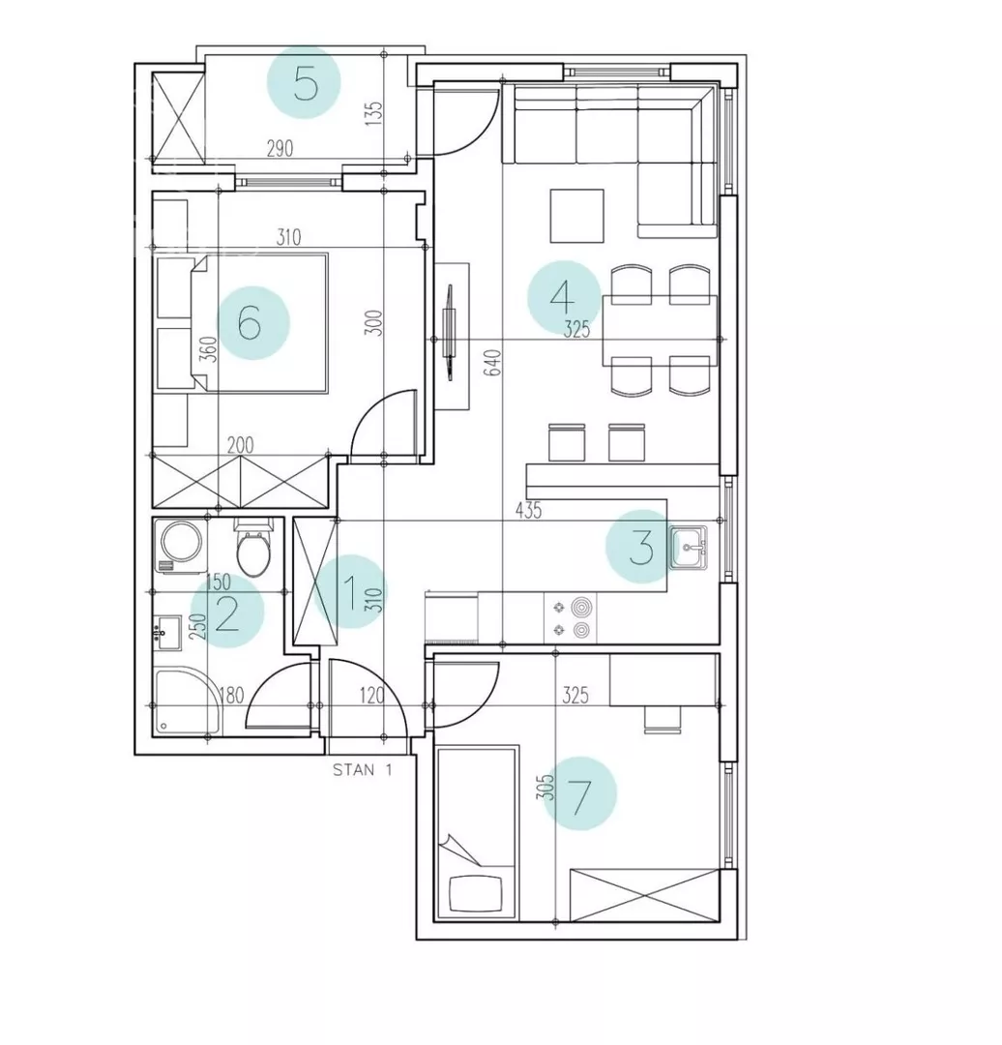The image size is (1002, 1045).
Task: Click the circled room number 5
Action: (304, 82)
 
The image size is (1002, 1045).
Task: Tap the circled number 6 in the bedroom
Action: (252, 323)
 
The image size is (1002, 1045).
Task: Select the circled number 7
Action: (579, 793)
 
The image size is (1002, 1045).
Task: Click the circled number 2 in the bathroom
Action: (227, 612)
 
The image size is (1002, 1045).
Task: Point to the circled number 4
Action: (564, 297)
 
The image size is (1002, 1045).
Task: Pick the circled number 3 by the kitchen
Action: (642, 547)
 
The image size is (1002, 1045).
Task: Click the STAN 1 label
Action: (363, 770)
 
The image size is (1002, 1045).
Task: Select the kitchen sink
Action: (689, 547)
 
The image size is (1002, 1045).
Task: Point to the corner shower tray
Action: (187, 702)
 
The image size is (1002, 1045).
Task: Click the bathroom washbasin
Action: (166, 633)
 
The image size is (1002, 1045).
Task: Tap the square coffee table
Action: (577, 216)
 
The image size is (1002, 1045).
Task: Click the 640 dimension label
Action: (493, 363)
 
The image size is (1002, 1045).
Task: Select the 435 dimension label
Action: (528, 511)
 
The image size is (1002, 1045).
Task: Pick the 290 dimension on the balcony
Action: (280, 148)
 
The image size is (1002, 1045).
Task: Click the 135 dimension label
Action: (375, 112)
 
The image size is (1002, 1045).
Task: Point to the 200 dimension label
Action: (241, 445)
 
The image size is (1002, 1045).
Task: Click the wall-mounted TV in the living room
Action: (451, 333)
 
